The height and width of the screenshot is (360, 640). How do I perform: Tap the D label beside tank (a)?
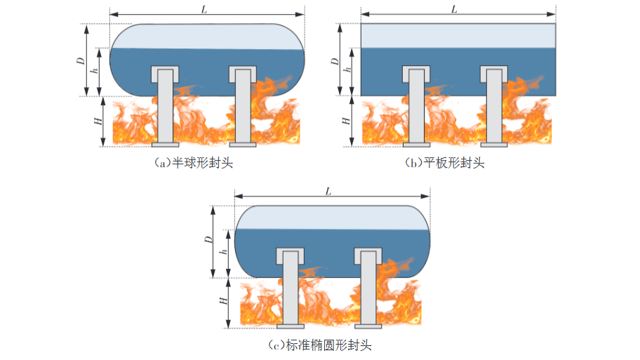79,60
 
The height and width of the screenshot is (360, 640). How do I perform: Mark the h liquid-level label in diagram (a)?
98,72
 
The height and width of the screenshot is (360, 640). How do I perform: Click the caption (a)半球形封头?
192,164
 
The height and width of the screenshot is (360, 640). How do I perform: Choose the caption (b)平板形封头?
445,164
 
